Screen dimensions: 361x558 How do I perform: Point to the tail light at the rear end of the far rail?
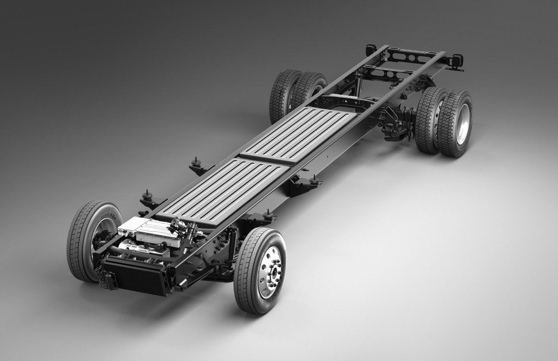[371, 49]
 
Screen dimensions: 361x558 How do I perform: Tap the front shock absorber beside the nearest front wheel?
[232, 239]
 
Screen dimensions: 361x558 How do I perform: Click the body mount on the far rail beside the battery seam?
[195, 164]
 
